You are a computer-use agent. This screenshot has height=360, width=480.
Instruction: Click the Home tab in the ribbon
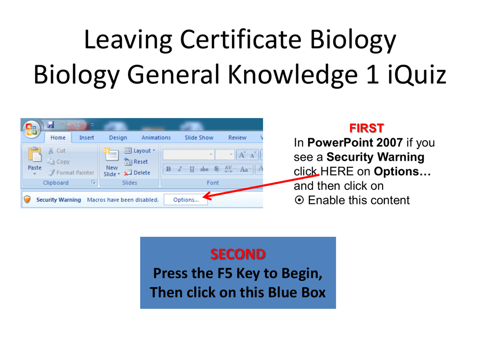click(58, 138)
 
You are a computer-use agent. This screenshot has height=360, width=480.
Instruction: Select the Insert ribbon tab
click(87, 138)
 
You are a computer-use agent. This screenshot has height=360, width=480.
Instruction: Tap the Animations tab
click(156, 138)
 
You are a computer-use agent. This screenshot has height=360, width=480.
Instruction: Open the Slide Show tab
click(199, 138)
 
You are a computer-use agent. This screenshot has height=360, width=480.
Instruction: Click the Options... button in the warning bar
click(186, 200)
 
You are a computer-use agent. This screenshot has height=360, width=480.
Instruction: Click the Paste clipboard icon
click(35, 154)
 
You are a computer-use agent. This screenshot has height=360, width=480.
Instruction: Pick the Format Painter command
click(71, 172)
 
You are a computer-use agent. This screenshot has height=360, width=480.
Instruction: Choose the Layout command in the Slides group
click(140, 150)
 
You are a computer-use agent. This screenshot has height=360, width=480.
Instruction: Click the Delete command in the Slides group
click(137, 172)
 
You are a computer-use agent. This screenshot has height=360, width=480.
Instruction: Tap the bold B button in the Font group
click(168, 169)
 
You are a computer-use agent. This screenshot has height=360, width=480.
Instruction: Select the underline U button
click(192, 169)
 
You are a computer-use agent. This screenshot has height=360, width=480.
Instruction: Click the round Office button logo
click(31, 129)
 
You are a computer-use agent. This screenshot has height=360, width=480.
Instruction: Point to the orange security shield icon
click(28, 200)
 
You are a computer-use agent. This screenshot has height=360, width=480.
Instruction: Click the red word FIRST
click(367, 128)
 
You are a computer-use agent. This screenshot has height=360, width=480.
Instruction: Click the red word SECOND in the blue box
click(238, 255)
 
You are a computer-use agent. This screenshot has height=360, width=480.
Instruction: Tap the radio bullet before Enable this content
click(299, 200)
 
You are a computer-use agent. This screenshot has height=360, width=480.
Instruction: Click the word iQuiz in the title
click(417, 75)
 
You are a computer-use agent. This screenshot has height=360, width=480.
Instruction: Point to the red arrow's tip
click(203, 196)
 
